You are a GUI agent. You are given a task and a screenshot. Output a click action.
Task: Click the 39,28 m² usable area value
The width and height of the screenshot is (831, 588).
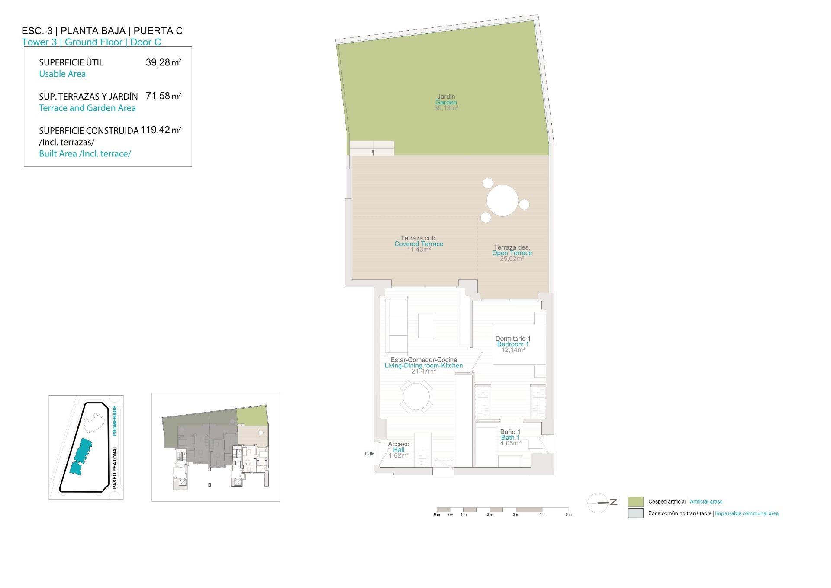[x=163, y=62]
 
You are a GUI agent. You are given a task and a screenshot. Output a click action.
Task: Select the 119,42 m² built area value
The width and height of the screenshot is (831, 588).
[x=161, y=130]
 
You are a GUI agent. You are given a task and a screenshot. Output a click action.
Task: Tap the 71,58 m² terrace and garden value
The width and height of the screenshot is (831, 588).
[x=163, y=96]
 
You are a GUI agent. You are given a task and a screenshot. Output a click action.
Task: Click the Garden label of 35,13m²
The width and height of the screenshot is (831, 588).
[x=446, y=102]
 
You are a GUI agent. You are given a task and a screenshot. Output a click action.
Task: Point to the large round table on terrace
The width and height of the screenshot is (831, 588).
[x=502, y=200]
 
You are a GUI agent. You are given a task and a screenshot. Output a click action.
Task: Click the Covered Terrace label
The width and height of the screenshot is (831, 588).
[x=419, y=244]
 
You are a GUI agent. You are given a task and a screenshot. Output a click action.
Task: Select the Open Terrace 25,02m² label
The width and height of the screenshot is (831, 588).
[x=512, y=253]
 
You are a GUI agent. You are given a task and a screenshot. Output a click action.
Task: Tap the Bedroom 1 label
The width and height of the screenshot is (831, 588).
[x=513, y=344]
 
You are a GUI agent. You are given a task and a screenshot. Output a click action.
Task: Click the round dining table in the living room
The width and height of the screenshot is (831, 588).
[x=416, y=396]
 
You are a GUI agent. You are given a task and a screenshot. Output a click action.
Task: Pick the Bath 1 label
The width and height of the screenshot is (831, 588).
[x=510, y=438]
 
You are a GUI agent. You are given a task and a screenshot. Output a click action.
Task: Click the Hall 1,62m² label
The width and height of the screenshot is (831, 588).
[x=399, y=450]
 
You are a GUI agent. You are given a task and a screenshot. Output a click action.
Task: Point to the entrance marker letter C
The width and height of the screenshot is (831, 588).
[x=367, y=454]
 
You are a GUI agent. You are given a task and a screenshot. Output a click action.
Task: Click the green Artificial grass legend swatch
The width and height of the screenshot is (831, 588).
[x=635, y=501]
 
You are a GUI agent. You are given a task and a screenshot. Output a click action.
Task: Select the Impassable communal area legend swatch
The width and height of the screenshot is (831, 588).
[x=635, y=513]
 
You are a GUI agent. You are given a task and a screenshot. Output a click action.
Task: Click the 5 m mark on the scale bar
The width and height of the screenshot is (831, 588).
[x=569, y=514]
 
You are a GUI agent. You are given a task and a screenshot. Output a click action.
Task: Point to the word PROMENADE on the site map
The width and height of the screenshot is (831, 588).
[x=115, y=421]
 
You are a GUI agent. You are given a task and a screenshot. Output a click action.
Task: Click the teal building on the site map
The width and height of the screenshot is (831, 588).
[x=81, y=455]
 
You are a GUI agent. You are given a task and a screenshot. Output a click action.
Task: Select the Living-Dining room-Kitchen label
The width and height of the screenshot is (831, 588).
[x=423, y=366]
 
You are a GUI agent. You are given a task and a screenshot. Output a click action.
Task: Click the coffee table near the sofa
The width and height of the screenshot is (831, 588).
[x=426, y=325]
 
